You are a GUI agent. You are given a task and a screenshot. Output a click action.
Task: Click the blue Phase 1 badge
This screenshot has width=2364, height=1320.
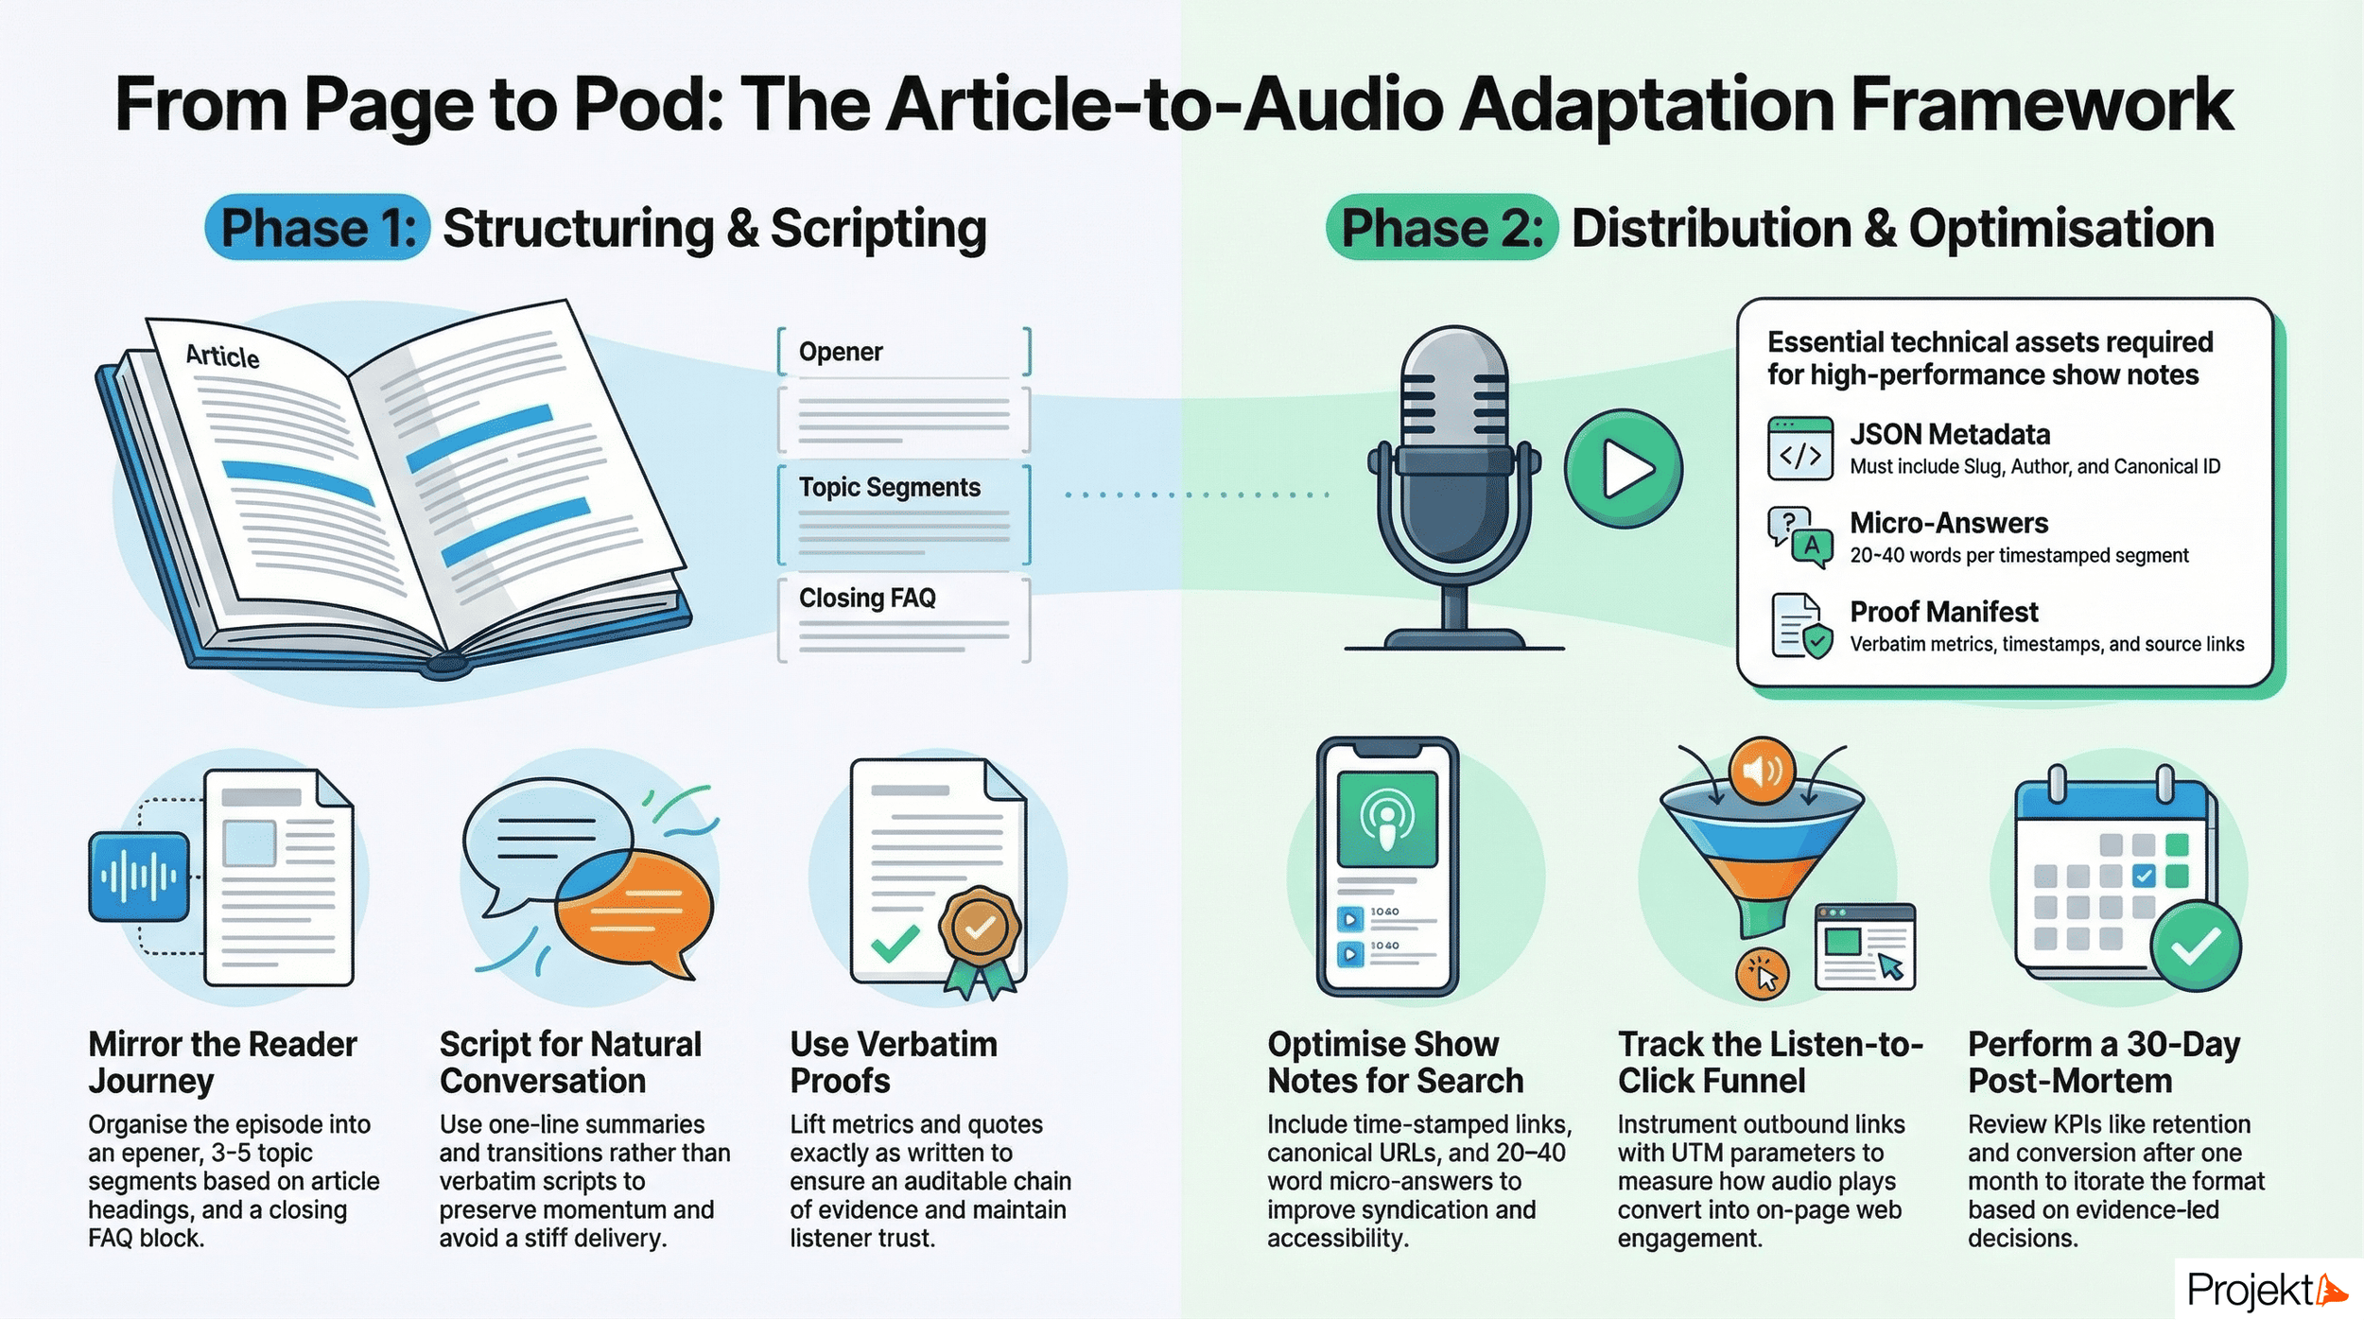[x=318, y=228]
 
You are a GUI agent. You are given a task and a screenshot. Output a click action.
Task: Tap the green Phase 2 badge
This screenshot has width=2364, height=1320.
[x=1441, y=228]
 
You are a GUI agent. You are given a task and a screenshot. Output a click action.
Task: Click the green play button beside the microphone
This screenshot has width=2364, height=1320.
[x=1623, y=469]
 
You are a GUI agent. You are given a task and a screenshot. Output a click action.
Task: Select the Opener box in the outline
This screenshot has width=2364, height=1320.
[x=903, y=352]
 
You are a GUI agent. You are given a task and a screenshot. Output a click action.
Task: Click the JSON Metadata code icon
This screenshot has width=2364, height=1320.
[x=1799, y=448]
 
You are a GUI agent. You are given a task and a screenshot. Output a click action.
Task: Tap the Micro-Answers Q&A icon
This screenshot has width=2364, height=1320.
[x=1799, y=536]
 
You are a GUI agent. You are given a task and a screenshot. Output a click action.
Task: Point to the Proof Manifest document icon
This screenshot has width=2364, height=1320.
[x=1800, y=625]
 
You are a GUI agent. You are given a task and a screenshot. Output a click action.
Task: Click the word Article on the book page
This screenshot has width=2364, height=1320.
[x=222, y=356]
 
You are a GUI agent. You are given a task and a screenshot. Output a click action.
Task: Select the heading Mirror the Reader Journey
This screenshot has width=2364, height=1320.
[x=222, y=1062]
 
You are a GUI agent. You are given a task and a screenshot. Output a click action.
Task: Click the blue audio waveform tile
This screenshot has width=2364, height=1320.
[x=139, y=877]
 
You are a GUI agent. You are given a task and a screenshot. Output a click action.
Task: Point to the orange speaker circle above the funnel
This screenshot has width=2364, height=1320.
[x=1761, y=771]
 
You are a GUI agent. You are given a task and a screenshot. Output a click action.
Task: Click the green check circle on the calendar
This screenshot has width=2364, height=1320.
[x=2195, y=946]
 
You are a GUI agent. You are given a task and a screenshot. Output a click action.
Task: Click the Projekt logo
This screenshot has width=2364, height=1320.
[x=2266, y=1290]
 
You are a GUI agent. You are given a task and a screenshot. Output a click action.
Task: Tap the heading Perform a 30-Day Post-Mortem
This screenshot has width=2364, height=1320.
[x=2104, y=1062]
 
